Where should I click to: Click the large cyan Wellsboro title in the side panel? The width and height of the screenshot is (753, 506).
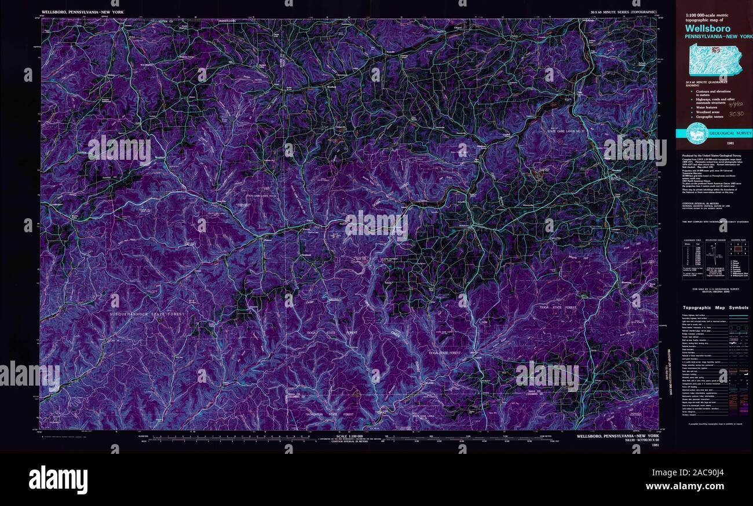707,28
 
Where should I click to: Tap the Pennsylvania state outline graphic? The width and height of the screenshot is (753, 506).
714,60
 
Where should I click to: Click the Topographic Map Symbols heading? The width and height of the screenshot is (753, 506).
715,307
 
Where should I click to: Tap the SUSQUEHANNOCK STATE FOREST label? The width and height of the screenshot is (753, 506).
147,314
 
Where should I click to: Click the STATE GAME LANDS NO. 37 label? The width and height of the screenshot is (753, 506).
568,133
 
